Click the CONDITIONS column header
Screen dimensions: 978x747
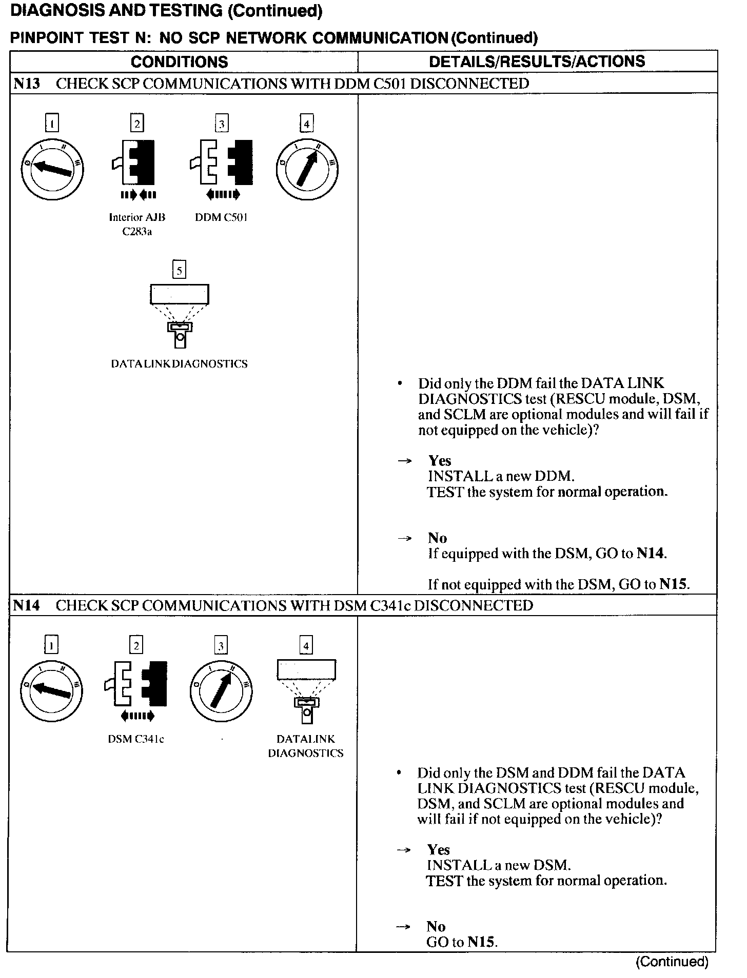(x=179, y=62)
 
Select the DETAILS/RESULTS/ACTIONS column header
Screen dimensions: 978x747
(x=537, y=62)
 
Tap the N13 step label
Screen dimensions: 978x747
(x=27, y=84)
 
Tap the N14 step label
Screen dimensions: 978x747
(x=27, y=605)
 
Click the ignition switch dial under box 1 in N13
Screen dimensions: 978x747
(x=52, y=169)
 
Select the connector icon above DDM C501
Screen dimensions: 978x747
(x=222, y=162)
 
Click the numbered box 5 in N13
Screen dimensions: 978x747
(x=179, y=270)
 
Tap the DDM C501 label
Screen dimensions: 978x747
(x=221, y=217)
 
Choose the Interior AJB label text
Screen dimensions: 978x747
(x=137, y=217)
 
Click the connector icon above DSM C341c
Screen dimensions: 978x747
(x=136, y=683)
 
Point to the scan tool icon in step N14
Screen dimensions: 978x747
(x=306, y=690)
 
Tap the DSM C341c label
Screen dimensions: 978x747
(x=136, y=739)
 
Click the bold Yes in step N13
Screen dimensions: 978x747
(x=440, y=460)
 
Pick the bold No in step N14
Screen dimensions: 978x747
(x=436, y=926)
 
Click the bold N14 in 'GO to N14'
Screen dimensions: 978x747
(x=651, y=554)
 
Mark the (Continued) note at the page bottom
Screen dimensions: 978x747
(x=672, y=962)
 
